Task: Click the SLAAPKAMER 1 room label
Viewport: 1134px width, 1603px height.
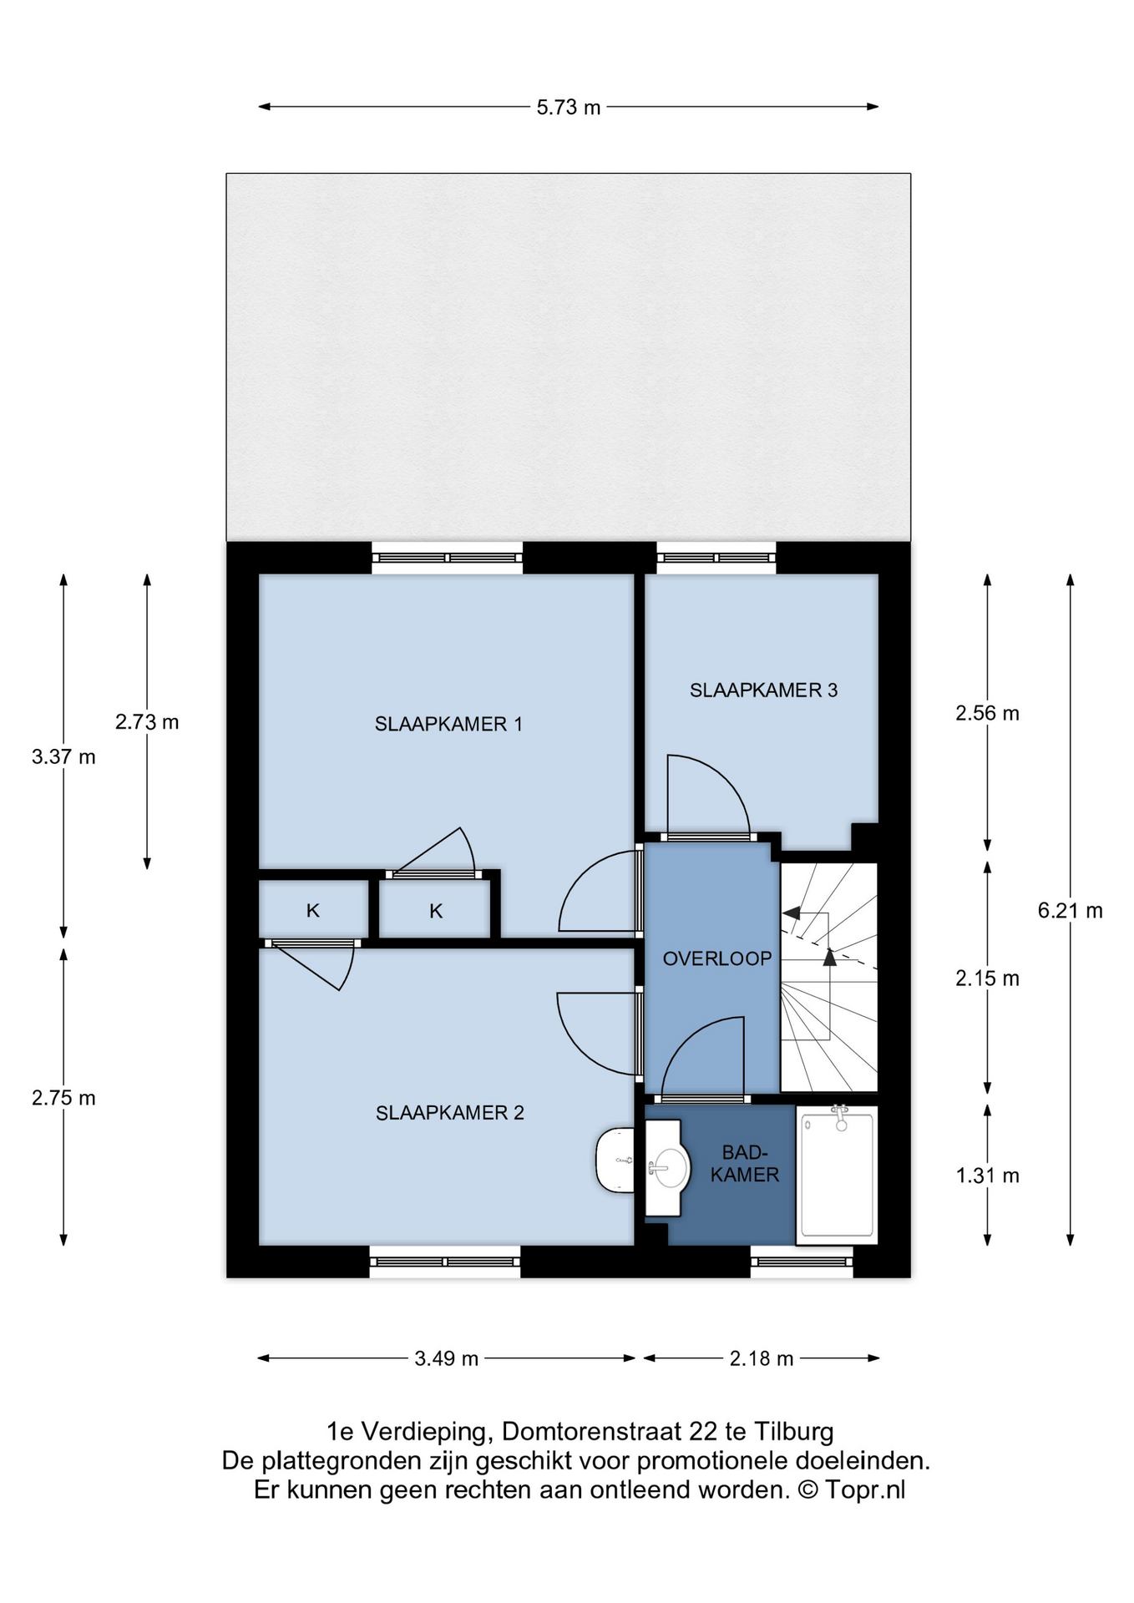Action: coord(448,724)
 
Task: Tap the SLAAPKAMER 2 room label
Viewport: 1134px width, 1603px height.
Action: coord(450,1113)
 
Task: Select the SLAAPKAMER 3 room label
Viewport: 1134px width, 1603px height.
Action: coord(763,690)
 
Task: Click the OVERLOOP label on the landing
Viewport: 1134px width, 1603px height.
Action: coord(717,958)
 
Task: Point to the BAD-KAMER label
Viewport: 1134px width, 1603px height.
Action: coord(745,1164)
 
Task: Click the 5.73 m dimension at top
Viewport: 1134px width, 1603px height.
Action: coord(569,108)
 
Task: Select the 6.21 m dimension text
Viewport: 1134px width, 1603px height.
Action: coord(1071,911)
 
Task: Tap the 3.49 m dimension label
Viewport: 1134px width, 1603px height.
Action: coord(447,1358)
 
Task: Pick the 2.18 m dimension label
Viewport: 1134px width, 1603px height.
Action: coord(762,1358)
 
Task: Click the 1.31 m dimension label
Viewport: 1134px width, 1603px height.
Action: coord(988,1176)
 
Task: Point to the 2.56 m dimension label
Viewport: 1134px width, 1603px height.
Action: coord(988,713)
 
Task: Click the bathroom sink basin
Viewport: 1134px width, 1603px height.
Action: coord(669,1166)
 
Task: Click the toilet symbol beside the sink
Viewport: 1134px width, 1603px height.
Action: coord(615,1160)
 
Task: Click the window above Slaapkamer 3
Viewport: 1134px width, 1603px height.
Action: coord(716,558)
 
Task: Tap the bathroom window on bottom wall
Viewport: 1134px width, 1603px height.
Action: coord(802,1262)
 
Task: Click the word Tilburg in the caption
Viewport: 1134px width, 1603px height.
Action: coord(793,1432)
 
